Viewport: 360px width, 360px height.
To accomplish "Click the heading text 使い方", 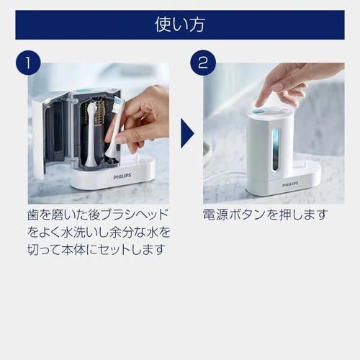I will click(x=179, y=24).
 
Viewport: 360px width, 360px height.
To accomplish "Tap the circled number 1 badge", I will click(x=27, y=63).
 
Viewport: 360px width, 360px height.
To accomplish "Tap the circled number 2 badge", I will click(x=203, y=63).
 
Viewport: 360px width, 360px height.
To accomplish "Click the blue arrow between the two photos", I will click(x=186, y=133).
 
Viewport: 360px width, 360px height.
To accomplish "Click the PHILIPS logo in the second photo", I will click(x=290, y=184).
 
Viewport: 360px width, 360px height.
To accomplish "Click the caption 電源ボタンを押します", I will click(x=266, y=215).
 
